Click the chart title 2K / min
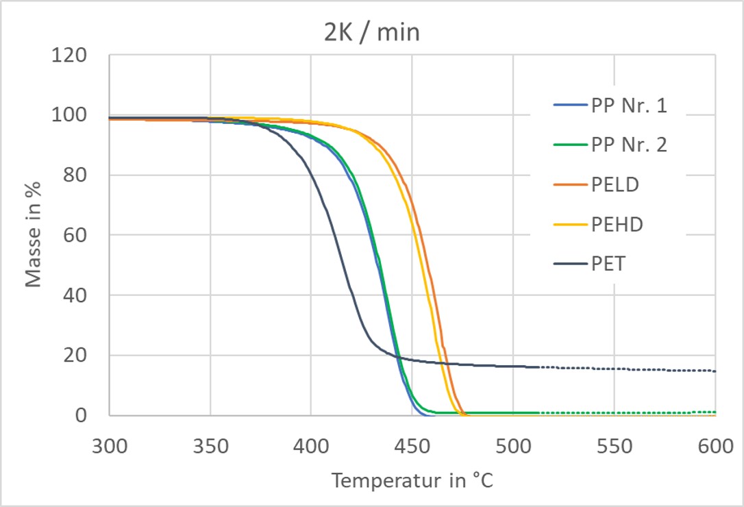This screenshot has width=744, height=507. pos(371,32)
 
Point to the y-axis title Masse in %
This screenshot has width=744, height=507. pos(34,235)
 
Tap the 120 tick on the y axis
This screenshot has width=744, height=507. pos(71,55)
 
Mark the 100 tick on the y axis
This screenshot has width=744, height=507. pos(71,115)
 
